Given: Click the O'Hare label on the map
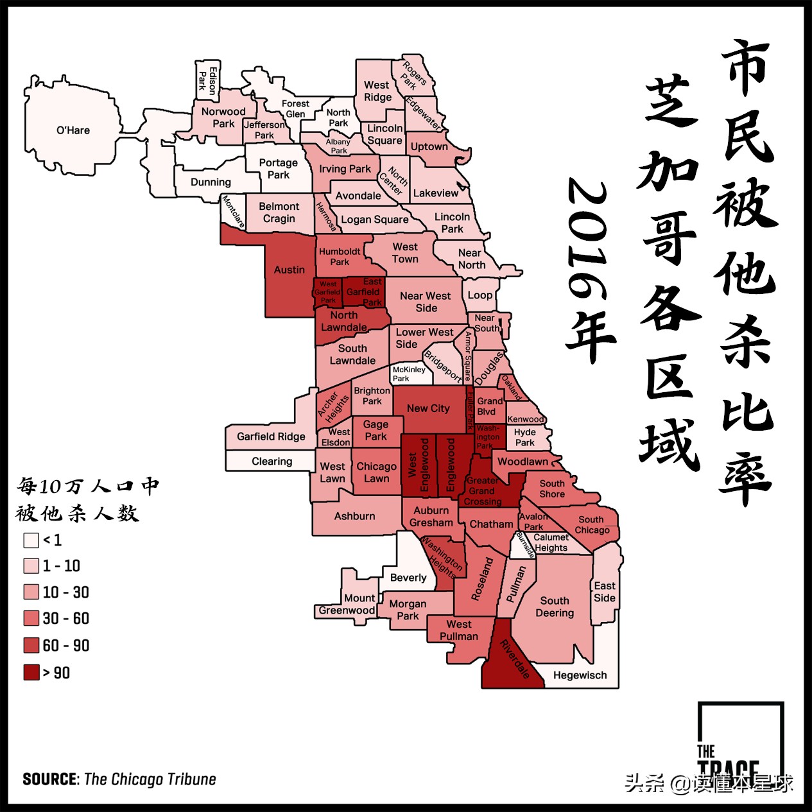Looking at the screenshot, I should coord(73,130).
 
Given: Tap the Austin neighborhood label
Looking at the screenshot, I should coord(289,270).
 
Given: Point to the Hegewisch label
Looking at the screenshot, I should coord(580,675).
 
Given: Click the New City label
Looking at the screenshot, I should coord(428,408).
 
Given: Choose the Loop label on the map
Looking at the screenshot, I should coord(480,295).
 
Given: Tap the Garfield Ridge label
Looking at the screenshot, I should coord(271,436).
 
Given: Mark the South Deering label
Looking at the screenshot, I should coord(555,607).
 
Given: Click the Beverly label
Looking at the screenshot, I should coord(408,578).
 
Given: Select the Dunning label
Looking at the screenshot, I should coord(211,182).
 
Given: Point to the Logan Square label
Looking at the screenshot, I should coord(374,220).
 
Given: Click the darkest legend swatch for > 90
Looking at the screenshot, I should coord(31,673).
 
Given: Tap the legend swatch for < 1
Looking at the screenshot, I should coord(31,540).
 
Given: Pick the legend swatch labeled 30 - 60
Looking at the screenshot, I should coord(31,619).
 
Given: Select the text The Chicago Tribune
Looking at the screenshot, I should coord(150,779).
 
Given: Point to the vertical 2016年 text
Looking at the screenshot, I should coord(589,270).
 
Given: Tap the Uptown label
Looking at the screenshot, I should coord(429,146).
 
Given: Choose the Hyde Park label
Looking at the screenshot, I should coord(524,437).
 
